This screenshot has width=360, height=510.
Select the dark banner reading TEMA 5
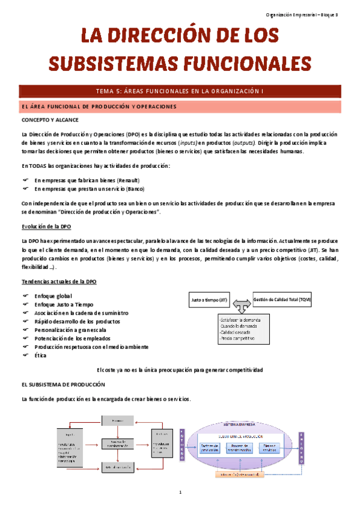tap(180, 91)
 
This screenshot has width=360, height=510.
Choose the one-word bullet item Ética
tap(41, 355)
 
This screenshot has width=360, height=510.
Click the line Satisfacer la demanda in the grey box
tap(240, 321)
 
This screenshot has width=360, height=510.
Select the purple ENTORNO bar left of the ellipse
tap(182, 445)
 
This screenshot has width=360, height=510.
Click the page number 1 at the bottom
tap(180, 493)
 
